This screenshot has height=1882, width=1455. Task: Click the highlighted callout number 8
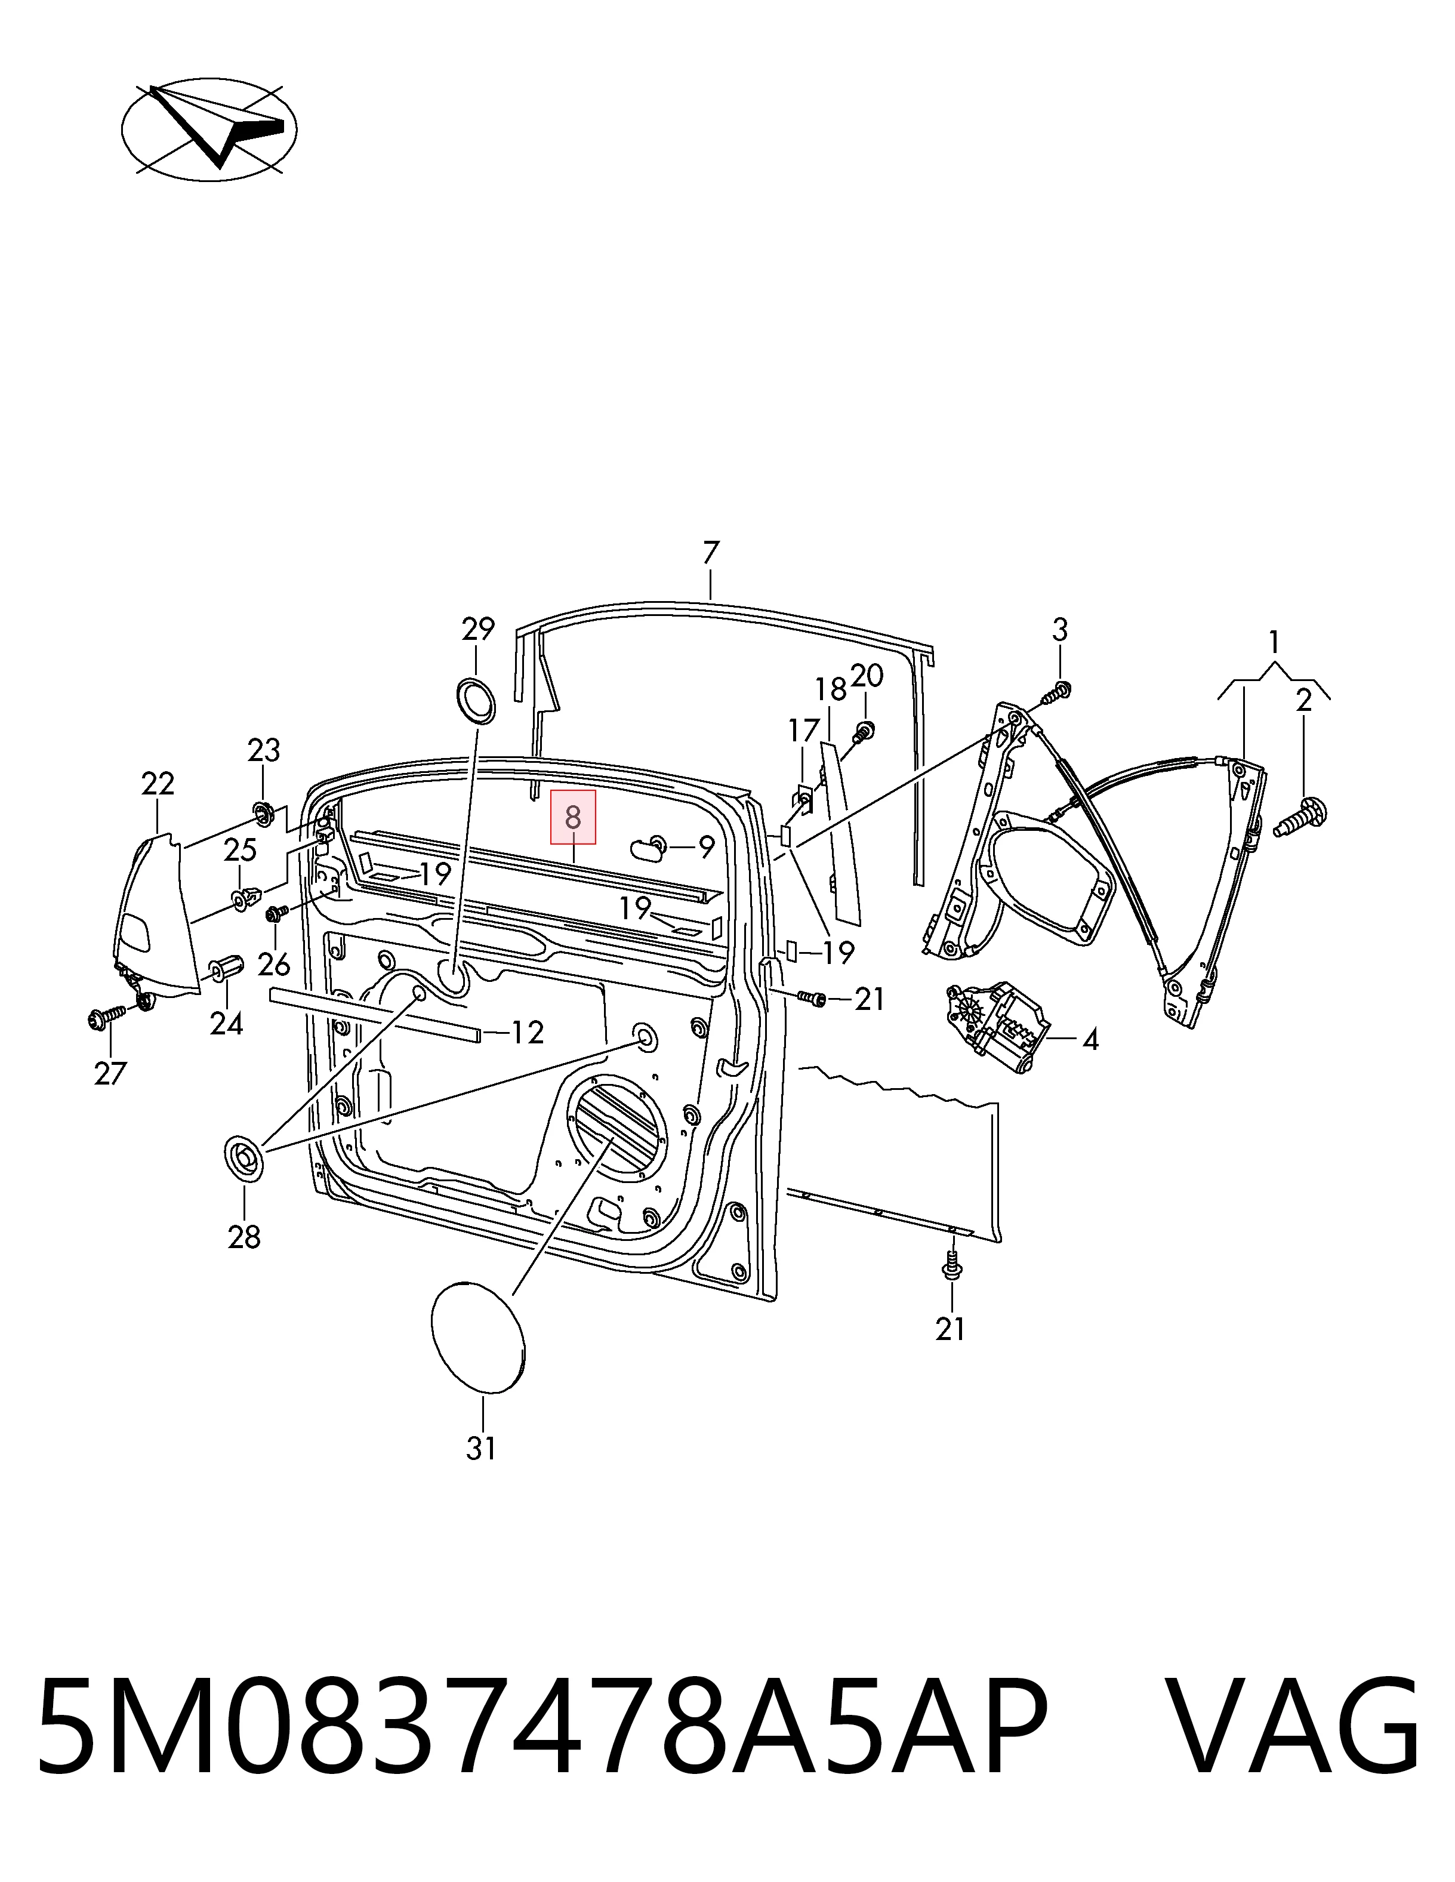573,817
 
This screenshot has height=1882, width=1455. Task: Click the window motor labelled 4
998,1027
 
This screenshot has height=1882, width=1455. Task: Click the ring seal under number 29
474,701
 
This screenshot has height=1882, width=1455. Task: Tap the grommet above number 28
245,1157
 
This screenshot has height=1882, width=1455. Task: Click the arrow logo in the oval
209,130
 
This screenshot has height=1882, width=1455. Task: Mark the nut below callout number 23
264,812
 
